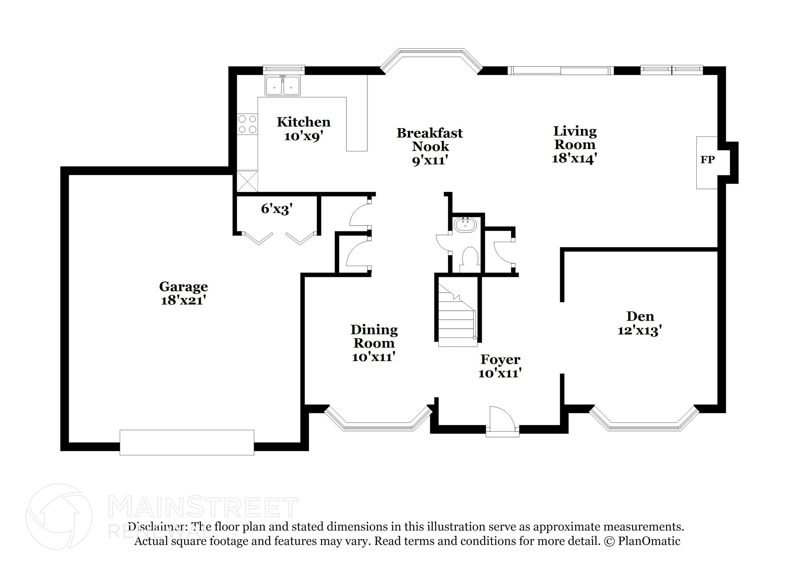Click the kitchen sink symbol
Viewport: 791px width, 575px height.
[282, 86]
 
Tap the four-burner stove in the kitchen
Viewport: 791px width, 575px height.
[247, 124]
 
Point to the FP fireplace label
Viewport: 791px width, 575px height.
[708, 160]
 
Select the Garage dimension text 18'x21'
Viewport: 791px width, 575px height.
[182, 300]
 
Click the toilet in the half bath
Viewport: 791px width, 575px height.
[470, 258]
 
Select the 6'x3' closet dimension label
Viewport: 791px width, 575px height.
[277, 209]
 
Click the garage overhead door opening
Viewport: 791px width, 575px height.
[187, 442]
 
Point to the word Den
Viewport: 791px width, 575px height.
[640, 317]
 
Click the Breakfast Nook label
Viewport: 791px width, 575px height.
[429, 139]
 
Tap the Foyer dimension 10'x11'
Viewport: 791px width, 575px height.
[500, 373]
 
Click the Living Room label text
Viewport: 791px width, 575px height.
[575, 138]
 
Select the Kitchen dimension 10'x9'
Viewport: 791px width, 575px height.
[303, 136]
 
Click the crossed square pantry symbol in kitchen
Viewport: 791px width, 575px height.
[247, 181]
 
